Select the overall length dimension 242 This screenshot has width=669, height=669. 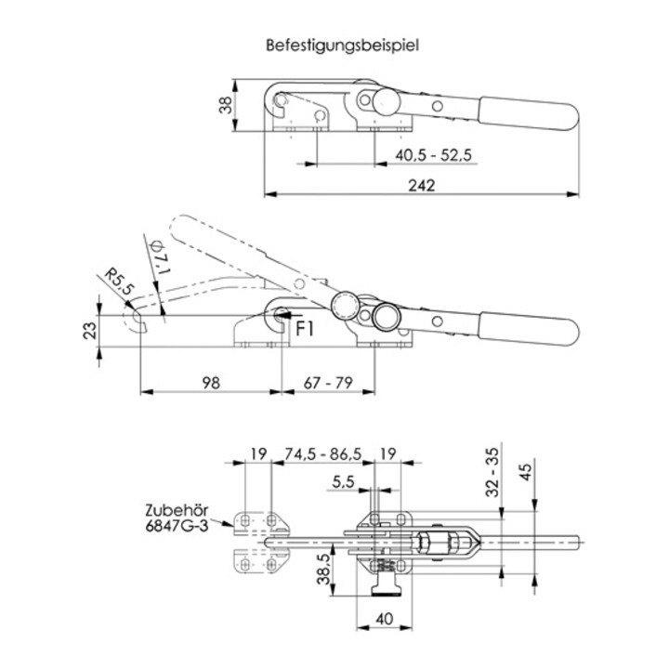pos(421,184)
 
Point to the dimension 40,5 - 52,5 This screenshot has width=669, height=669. pos(433,153)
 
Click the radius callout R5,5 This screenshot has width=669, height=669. pos(117,282)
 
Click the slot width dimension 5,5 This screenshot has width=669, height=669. pos(343,482)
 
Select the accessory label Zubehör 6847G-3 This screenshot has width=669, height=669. pos(177,518)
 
